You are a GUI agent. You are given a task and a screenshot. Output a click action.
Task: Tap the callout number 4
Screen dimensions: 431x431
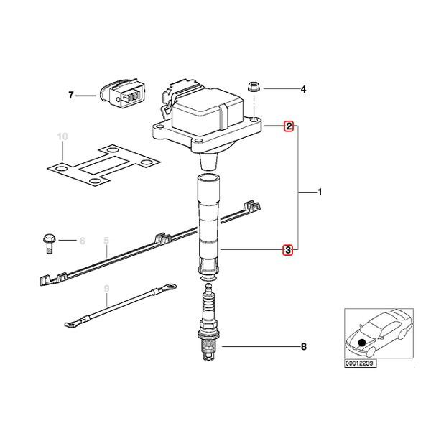coord(303,89)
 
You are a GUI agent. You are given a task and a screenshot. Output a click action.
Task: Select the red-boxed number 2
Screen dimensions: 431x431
coord(289,126)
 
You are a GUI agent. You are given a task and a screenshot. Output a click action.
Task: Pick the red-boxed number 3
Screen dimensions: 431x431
coord(288,250)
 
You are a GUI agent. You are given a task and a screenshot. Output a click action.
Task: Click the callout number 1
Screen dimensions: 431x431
coord(320,193)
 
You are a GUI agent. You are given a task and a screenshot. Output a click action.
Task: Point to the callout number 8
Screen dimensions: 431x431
coord(304,347)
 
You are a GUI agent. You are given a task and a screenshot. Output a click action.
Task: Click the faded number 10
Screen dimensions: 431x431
coord(62,136)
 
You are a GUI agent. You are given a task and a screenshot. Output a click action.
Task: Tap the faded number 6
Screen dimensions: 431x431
coord(82,241)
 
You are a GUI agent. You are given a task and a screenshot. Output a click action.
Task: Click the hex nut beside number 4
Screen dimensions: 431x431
coord(253,86)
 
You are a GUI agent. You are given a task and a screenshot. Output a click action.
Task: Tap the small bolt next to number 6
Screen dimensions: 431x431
coord(49,241)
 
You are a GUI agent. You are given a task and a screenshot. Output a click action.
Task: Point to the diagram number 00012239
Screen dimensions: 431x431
coord(360,363)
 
